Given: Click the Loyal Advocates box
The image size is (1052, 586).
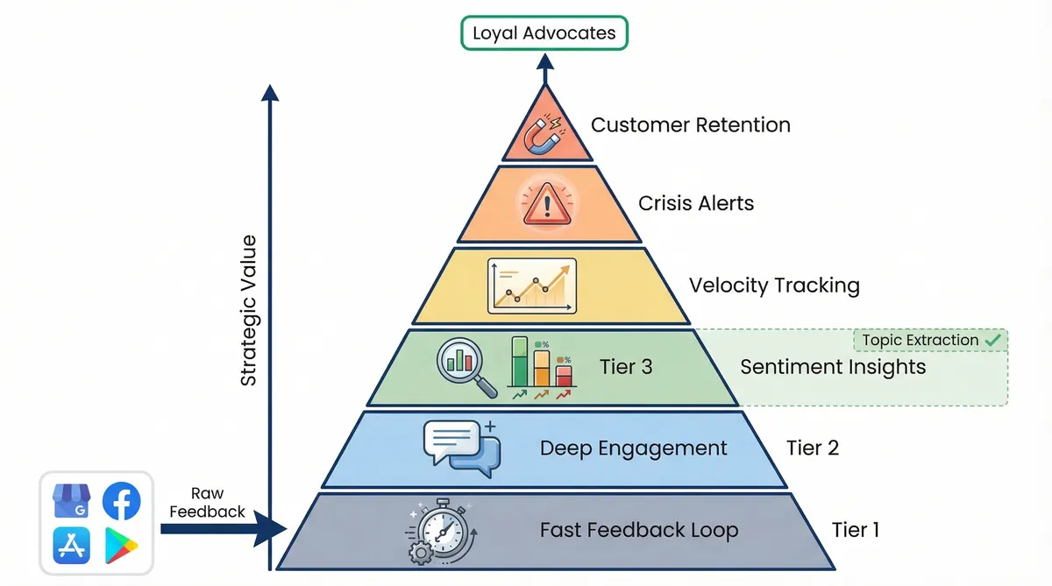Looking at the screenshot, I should (544, 34).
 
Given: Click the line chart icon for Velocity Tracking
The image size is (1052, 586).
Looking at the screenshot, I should (532, 286).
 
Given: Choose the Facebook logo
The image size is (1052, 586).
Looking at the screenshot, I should (121, 501).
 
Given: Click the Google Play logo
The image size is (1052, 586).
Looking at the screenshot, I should (121, 546).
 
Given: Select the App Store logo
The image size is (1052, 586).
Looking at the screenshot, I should (72, 546).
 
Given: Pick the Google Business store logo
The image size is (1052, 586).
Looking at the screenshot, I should (72, 501).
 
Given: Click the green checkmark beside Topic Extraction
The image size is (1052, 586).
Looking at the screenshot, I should (992, 339).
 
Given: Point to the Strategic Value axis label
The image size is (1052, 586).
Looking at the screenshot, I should (249, 310).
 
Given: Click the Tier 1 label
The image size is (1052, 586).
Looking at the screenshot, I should (855, 529).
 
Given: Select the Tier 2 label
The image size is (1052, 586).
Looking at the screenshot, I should (812, 448).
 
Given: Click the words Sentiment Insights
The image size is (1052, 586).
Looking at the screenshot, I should (833, 367).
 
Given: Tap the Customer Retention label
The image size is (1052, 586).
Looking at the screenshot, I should (691, 124).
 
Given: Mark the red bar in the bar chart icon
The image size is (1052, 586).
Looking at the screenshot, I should (564, 376).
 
